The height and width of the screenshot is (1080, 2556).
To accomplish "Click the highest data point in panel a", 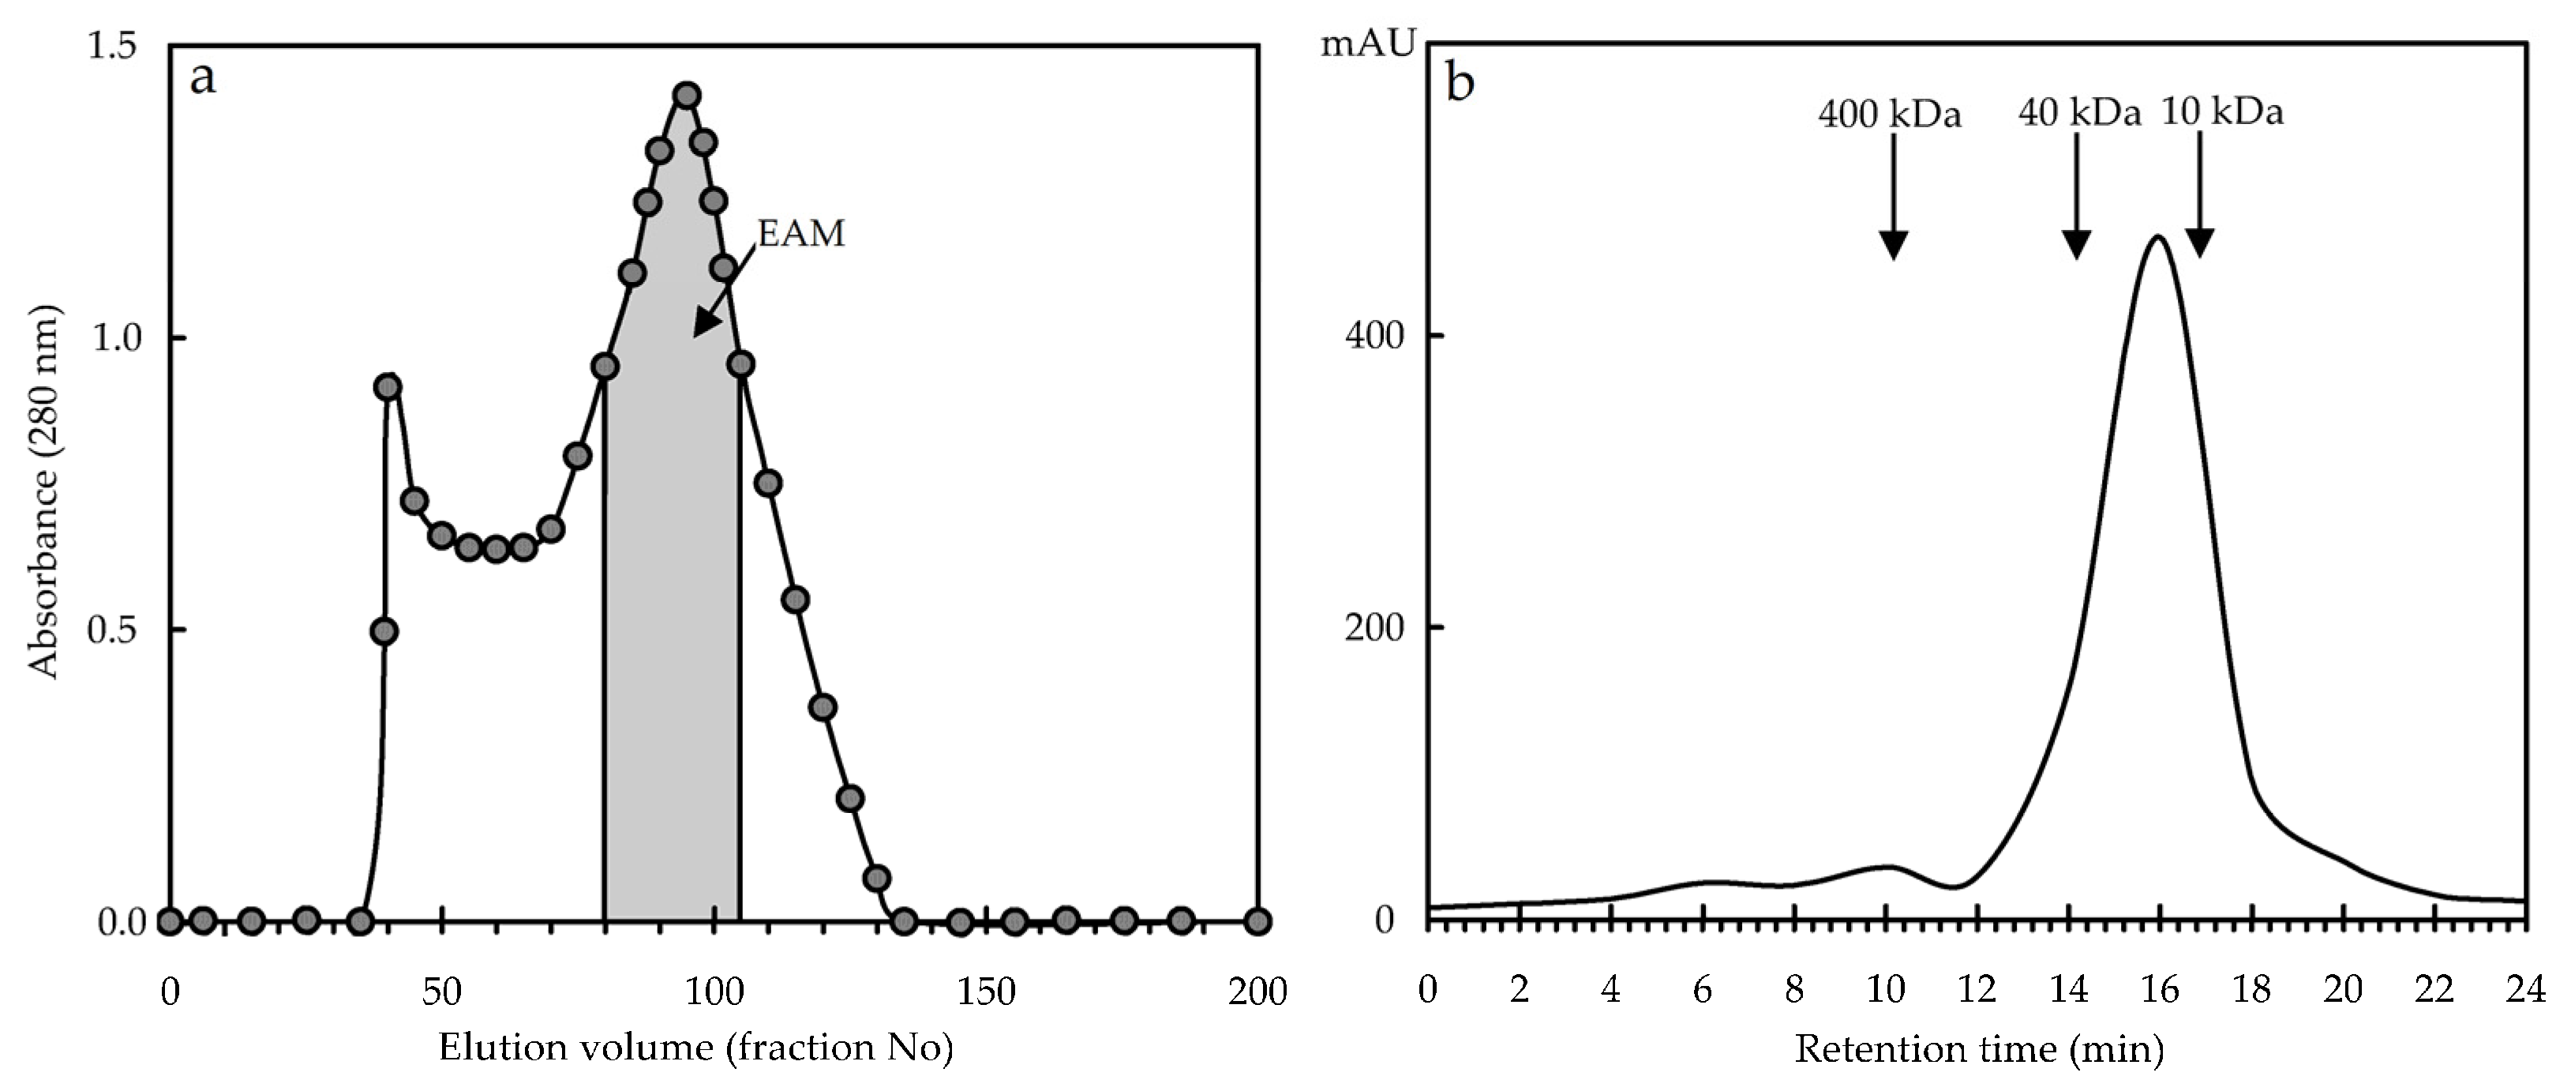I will point(686,96).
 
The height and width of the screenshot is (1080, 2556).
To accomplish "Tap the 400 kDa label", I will point(1889,115).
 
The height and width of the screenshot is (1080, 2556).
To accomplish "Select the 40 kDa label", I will point(2078,113).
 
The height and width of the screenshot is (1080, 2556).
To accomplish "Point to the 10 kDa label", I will point(2221,111).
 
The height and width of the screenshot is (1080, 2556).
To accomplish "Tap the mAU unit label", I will point(1367,46).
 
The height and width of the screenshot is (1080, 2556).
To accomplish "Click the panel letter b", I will point(1460,82).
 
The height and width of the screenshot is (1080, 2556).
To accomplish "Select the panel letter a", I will point(202,77).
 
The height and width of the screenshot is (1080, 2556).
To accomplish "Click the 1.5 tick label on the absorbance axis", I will point(111,46).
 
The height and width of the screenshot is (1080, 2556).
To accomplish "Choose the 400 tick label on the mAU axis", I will point(1374,336).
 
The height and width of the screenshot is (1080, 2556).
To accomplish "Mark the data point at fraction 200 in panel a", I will point(1257,921).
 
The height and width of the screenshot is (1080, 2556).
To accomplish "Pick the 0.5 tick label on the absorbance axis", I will point(111,630).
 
